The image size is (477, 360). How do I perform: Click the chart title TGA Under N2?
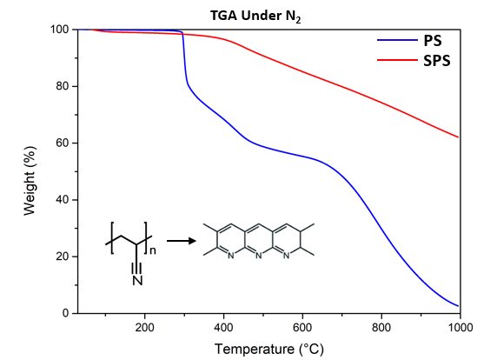coord(255,16)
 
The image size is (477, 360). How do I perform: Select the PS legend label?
coord(433,41)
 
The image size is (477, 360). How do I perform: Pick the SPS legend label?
coord(437,61)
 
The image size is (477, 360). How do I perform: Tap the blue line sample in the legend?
coord(397,40)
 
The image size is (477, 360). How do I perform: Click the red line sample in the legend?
coord(397,60)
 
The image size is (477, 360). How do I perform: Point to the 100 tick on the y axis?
coord(59,30)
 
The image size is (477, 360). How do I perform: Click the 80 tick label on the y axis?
coord(63,86)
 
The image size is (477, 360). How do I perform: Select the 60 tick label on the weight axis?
coord(63,143)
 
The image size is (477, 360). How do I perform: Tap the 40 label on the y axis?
coord(63,200)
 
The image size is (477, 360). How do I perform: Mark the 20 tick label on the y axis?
coord(63,257)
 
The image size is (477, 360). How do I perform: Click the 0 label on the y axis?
coord(65,313)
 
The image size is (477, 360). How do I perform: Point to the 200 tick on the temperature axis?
coord(144,328)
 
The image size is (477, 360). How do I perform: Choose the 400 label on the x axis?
coord(223,328)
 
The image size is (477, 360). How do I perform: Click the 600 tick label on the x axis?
coord(302,328)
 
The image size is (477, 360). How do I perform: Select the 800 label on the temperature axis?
coord(381,328)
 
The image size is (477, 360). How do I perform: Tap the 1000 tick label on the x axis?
coord(460,328)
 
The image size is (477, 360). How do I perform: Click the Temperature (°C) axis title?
coord(269,349)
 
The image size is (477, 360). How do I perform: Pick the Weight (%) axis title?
coord(30,181)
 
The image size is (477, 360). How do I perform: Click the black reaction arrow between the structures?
coord(182,241)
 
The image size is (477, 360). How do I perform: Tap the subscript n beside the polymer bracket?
coord(153,250)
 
